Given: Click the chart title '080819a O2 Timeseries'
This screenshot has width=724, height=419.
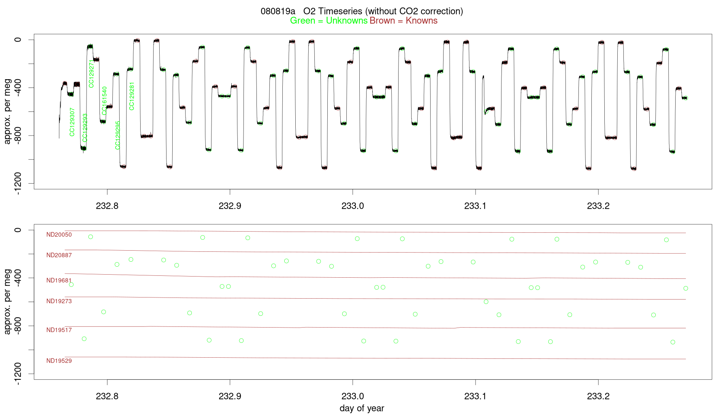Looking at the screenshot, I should click(362, 11).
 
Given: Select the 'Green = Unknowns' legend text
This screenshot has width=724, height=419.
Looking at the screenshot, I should click(328, 21).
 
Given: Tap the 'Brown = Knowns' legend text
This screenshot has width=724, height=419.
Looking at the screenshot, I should click(404, 21).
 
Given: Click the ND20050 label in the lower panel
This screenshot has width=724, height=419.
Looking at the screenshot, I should click(59, 235).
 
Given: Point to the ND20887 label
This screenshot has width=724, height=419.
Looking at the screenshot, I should click(59, 255).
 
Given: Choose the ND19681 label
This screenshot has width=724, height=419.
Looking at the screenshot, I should click(59, 280).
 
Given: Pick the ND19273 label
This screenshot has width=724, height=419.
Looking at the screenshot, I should click(59, 301).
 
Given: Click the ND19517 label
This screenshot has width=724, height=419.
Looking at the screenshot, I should click(59, 330).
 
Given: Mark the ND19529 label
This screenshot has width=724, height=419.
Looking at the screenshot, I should click(59, 361).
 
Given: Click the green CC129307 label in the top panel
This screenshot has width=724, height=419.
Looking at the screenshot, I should click(72, 122).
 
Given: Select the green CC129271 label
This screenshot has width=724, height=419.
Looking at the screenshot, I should click(91, 74).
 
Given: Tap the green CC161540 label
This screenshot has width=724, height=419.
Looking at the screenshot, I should click(104, 101).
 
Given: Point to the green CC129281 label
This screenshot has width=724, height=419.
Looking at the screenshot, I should click(132, 96).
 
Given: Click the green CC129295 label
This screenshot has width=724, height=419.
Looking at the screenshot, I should click(118, 135).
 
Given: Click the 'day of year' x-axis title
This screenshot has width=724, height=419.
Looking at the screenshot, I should click(362, 408).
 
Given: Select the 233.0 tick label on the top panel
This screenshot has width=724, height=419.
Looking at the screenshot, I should click(352, 206).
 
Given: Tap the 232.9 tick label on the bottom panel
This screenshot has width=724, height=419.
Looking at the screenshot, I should click(230, 397).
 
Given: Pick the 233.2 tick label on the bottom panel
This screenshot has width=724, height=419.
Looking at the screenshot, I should click(598, 397).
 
